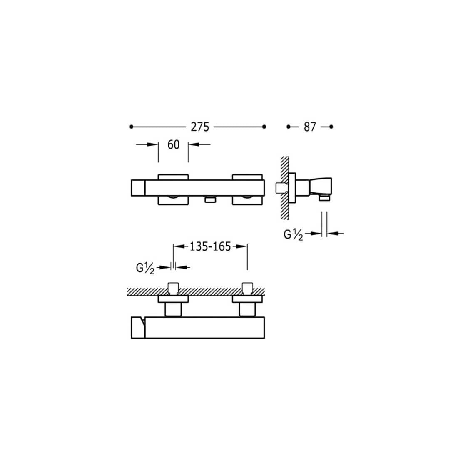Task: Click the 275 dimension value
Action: click(x=200, y=127)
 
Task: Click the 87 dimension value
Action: click(x=310, y=127)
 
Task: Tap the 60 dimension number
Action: click(x=174, y=144)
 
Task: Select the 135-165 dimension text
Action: click(x=210, y=246)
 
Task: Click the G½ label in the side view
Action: click(x=293, y=234)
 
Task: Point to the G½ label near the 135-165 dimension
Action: click(x=145, y=268)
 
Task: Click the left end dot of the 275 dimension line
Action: click(x=132, y=127)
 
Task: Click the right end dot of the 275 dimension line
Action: click(x=264, y=127)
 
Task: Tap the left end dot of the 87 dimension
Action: click(x=289, y=127)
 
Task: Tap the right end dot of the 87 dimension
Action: click(x=331, y=127)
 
